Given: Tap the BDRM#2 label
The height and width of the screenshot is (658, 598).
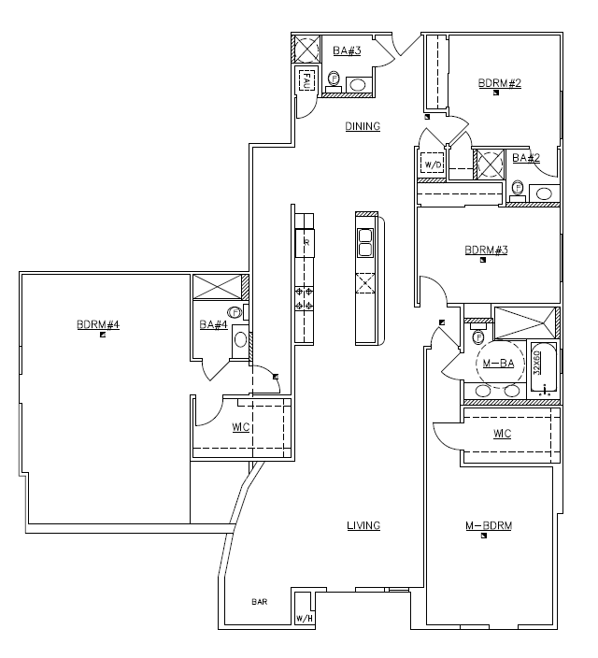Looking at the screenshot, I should [x=499, y=83].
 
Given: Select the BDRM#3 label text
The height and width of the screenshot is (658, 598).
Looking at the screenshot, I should [x=486, y=250].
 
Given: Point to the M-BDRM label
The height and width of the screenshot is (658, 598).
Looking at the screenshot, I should [x=489, y=526].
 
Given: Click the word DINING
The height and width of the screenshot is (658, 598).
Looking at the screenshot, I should [x=363, y=126].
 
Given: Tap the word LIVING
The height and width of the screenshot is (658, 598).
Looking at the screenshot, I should [x=363, y=525].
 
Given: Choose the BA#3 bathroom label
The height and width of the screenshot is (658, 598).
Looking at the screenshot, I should [x=347, y=50].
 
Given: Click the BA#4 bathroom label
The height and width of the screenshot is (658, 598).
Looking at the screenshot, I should [x=213, y=325].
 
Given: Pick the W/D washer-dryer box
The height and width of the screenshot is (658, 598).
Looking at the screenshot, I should [x=433, y=165].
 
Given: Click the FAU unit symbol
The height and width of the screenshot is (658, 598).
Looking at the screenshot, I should [x=306, y=82].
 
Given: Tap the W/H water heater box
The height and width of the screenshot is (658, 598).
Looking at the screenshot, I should [x=304, y=618].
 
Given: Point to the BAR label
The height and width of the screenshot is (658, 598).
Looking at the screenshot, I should [x=259, y=603].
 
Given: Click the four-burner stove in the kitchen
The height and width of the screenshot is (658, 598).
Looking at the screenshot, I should [x=305, y=298].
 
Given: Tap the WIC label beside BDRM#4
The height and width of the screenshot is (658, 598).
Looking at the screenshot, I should [x=239, y=428].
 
